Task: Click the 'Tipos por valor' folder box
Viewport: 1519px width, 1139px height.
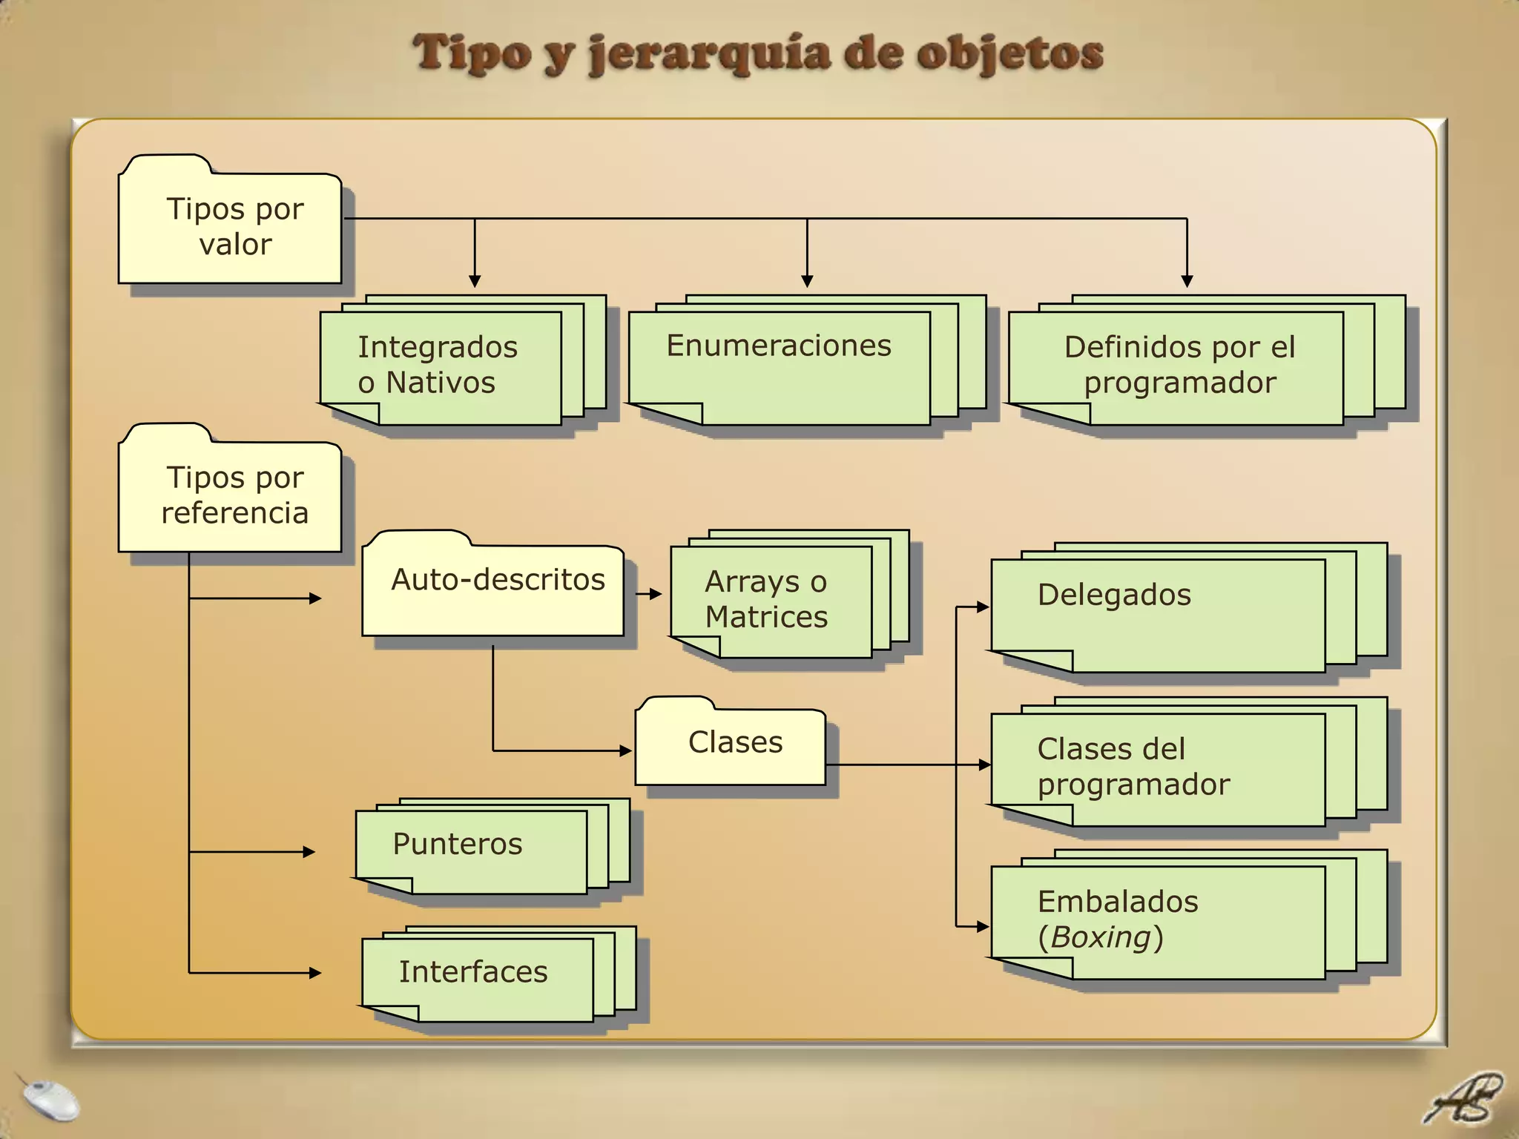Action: [230, 227]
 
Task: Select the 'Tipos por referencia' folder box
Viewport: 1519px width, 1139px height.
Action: [230, 495]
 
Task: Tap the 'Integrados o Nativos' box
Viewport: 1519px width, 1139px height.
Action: [441, 366]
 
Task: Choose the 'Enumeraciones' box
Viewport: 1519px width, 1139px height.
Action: [779, 366]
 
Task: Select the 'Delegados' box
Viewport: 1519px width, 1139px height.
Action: [1157, 614]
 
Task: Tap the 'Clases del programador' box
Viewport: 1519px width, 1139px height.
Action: [1157, 768]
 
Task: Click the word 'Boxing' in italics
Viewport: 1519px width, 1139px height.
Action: [1100, 937]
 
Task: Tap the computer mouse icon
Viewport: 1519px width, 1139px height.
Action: [50, 1100]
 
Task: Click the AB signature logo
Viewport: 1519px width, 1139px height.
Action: [1463, 1099]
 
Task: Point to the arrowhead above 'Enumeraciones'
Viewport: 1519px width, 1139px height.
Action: [807, 281]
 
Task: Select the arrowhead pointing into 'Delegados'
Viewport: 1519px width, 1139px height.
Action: [983, 607]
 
